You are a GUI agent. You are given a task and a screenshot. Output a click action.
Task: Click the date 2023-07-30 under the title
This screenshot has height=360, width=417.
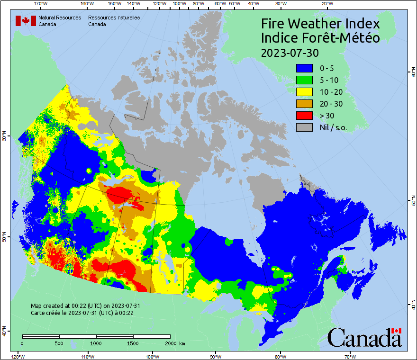pos(290,52)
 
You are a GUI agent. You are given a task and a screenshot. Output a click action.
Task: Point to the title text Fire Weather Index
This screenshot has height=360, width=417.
pos(320,24)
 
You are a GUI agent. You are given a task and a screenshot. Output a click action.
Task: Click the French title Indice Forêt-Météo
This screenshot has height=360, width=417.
pos(320,38)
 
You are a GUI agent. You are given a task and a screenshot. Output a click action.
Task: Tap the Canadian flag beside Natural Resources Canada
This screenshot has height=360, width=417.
pos(26,20)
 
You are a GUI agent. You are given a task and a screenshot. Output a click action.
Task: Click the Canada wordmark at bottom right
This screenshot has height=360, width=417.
pos(364,338)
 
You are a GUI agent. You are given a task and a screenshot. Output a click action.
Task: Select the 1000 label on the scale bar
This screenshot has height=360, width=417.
pos(96,343)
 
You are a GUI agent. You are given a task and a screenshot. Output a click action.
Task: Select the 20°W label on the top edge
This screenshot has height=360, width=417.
pos(326,4)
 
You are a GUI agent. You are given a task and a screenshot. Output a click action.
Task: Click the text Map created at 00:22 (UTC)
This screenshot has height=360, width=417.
pos(85,306)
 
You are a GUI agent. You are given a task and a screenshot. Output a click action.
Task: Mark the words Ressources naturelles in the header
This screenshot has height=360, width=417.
pos(114,18)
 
